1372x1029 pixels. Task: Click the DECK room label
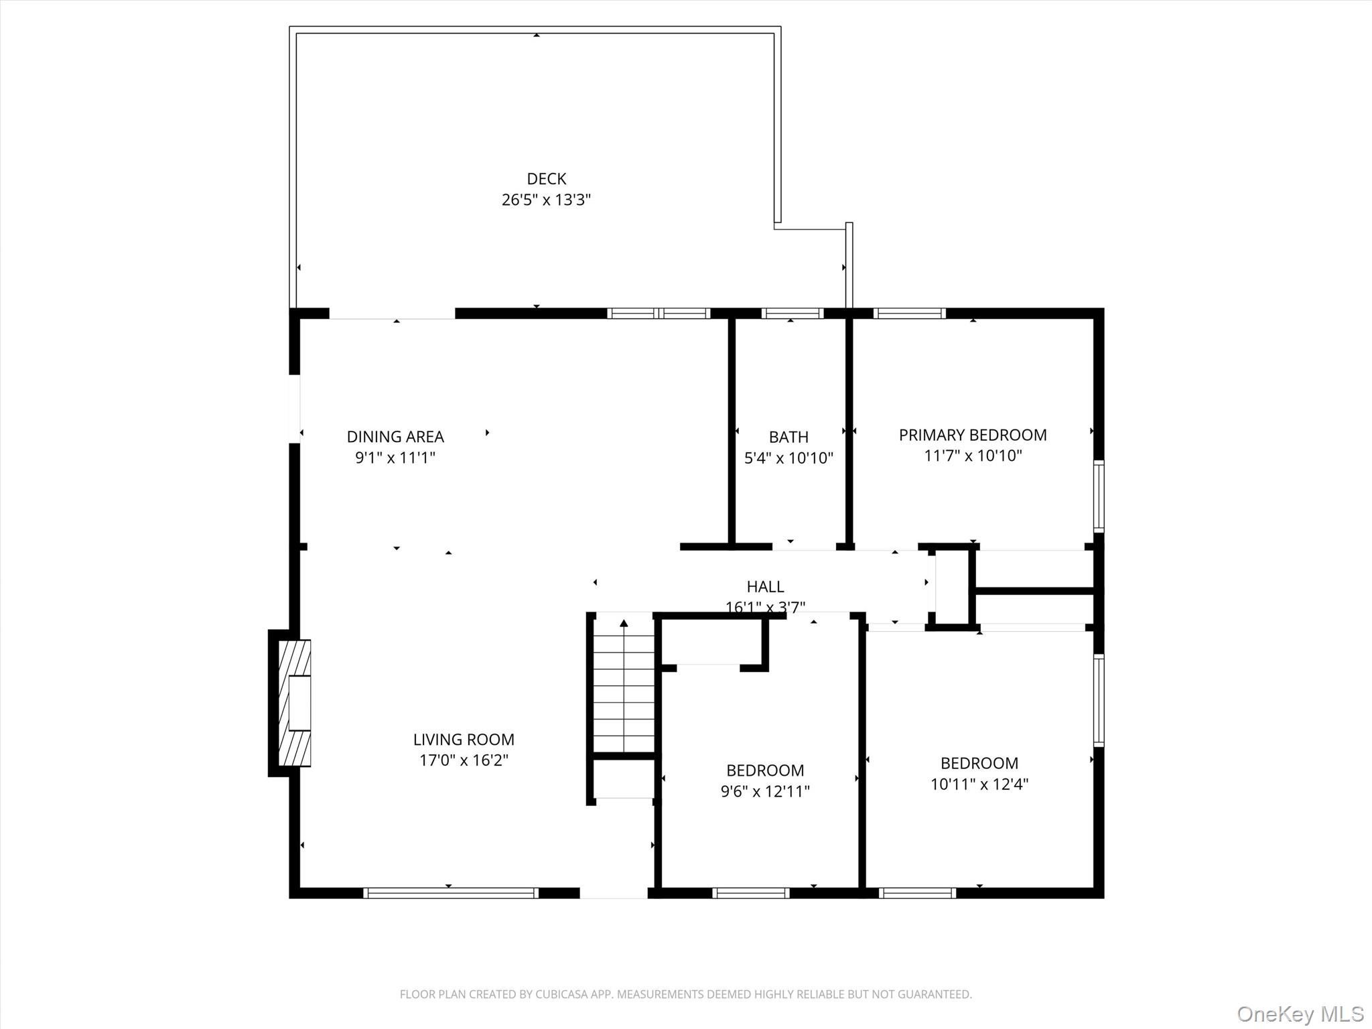546,179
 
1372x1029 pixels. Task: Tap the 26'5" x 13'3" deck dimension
546,200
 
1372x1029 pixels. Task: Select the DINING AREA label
395,437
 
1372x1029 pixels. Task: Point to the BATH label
788,437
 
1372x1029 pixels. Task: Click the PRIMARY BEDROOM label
972,435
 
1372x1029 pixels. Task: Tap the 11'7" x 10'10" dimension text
973,456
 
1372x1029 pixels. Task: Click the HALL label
765,587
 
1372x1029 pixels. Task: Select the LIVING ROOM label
464,740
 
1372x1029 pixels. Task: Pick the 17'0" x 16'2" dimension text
464,760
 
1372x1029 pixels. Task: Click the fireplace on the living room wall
293,703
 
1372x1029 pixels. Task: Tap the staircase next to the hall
624,683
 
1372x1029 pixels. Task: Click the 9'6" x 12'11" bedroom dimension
765,791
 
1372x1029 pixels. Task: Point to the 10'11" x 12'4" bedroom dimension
979,784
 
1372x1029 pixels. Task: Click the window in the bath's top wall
792,313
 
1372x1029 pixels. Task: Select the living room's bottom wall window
450,892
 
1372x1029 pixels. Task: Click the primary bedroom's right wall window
1099,496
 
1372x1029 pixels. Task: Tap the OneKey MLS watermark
1300,1014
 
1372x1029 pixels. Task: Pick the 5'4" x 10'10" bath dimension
788,458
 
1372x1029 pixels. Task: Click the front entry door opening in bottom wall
613,892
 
